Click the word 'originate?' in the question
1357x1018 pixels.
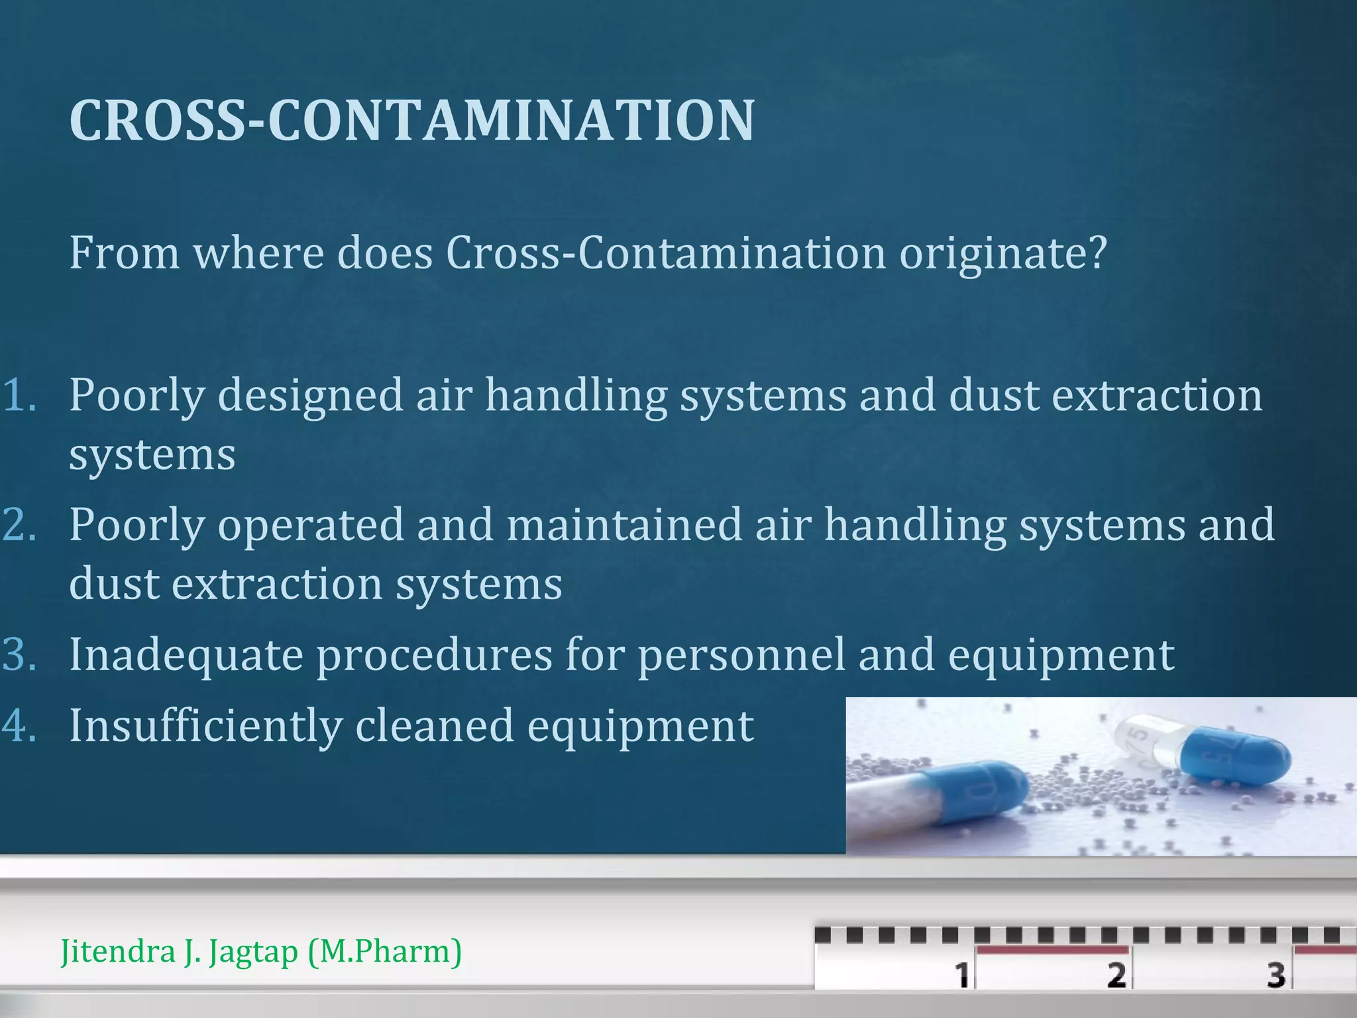[x=1003, y=254]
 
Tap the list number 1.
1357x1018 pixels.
[x=19, y=396]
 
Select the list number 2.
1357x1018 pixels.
[x=19, y=525]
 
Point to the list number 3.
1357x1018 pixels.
[x=19, y=655]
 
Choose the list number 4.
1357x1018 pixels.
[x=19, y=726]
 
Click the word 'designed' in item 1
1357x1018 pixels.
[x=310, y=396]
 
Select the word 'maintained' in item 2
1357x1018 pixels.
[x=624, y=525]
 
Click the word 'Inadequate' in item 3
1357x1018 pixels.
[x=186, y=655]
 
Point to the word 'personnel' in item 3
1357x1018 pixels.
[x=741, y=655]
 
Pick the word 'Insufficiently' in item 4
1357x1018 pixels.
[x=205, y=726]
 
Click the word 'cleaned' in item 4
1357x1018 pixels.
[x=434, y=725]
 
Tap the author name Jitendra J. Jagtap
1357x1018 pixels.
[x=179, y=952]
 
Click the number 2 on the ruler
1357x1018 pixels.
[x=1116, y=974]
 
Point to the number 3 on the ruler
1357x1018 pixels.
[x=1276, y=974]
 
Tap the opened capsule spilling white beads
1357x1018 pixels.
[x=941, y=795]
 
